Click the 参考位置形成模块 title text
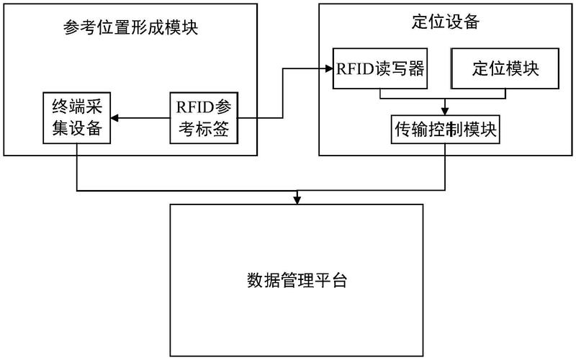130,30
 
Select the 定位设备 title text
441,22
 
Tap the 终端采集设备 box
76,118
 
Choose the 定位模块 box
505,68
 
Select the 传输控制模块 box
446,130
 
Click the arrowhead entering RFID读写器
328,68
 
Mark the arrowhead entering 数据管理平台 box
297,199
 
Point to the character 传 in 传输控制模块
401,130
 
